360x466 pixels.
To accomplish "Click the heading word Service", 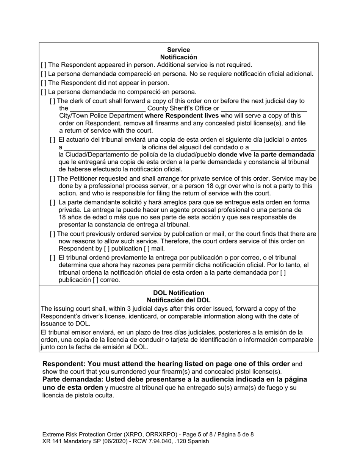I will click(178, 50).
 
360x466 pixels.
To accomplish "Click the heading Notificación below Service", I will click(178, 57).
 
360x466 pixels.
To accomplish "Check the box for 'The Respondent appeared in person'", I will click(44, 65).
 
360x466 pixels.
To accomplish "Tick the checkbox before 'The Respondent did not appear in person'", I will click(44, 83).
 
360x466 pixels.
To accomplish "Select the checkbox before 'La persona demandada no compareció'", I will click(44, 92).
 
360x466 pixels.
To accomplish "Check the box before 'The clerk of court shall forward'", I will click(52, 101).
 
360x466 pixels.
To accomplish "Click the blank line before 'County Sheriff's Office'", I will click(108, 109).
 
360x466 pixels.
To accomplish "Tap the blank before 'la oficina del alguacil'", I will click(102, 147).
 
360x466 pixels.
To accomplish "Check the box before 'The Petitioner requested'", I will click(52, 179).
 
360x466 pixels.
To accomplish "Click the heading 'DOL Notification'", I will click(178, 293).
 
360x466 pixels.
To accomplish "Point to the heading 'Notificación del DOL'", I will click(178, 300).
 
